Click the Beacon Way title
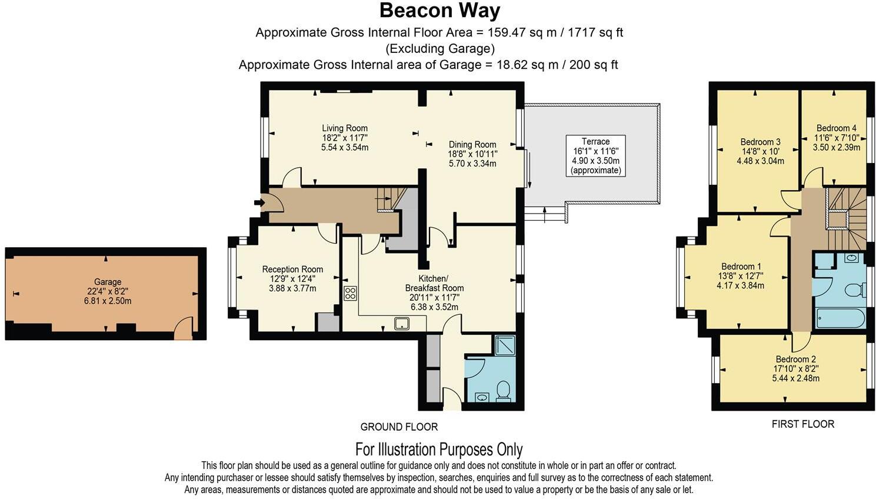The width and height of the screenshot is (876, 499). point(439,11)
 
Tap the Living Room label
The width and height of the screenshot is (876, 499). point(345,128)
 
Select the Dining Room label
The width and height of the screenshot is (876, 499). point(472,144)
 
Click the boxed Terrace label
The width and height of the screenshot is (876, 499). point(595,156)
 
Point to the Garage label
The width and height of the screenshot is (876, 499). point(108,282)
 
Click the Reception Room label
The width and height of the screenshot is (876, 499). point(292,269)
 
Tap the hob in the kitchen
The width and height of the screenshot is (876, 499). point(351,293)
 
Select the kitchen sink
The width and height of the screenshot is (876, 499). point(402,324)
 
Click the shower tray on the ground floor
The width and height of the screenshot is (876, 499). point(505,345)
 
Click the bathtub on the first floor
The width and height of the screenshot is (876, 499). point(841,318)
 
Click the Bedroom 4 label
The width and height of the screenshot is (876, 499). point(837,128)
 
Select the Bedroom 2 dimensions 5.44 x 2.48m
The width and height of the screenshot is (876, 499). point(796,378)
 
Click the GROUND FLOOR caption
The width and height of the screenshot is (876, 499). point(399,427)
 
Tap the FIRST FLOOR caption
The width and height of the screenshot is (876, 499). point(803,424)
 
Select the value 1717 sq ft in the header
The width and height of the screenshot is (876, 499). point(595,32)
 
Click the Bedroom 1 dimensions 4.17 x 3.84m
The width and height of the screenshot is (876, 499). point(740,285)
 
